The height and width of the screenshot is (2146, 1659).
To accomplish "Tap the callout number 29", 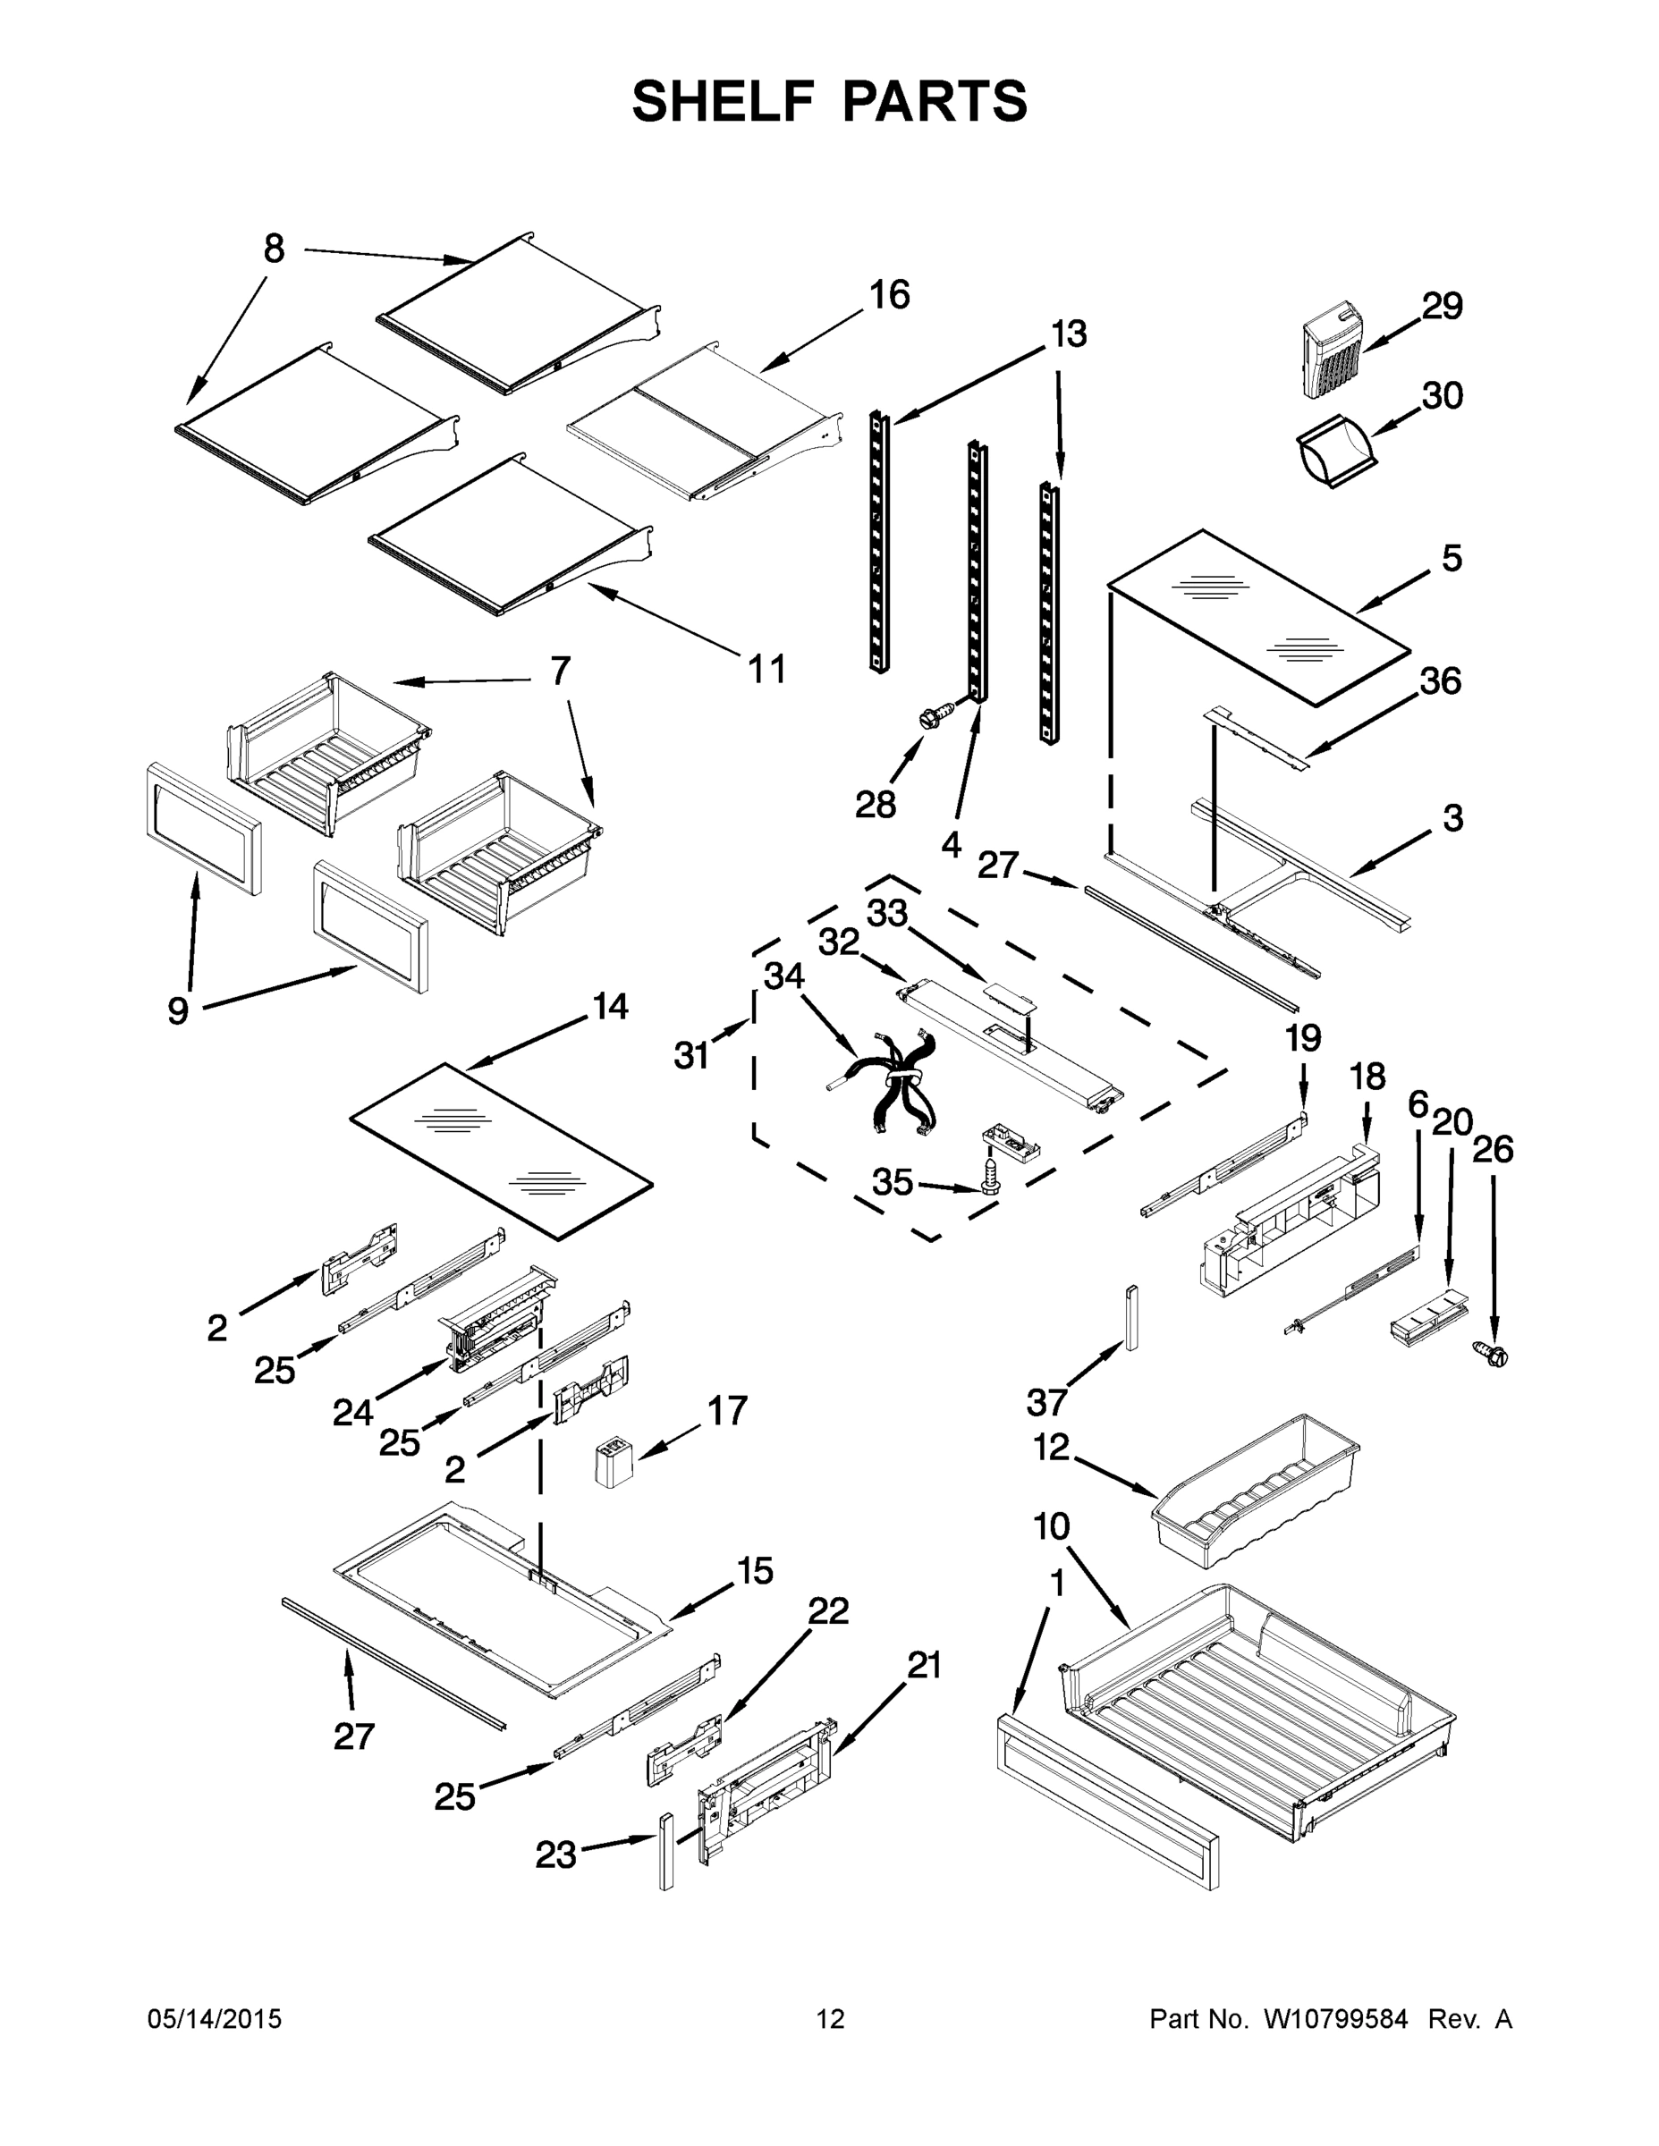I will click(x=1442, y=307).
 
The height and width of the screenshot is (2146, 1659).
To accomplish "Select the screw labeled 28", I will click(x=936, y=714).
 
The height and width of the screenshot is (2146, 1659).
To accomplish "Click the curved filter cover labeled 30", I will click(x=1333, y=452).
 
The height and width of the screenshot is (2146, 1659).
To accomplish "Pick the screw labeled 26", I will click(x=1494, y=1356).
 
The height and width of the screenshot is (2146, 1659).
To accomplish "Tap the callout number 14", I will click(x=610, y=1006).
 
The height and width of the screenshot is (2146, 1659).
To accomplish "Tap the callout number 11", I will click(x=767, y=669).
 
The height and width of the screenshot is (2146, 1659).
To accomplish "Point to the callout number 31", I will click(x=691, y=1055).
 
